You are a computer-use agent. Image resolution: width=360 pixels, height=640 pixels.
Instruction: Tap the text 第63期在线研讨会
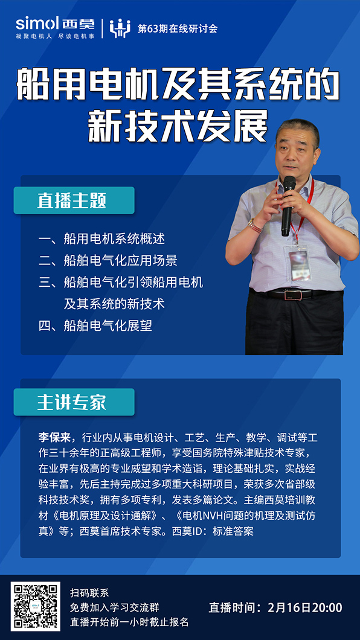tap(177, 29)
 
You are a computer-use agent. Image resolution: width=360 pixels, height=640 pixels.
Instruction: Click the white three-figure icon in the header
tap(120, 28)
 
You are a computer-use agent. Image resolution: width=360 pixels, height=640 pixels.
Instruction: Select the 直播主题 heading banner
tap(74, 200)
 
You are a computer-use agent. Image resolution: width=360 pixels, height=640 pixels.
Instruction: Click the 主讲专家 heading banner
tap(74, 402)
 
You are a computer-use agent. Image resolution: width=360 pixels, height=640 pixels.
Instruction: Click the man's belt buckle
tap(292, 294)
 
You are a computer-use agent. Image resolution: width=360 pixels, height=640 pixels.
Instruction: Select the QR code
tap(35, 607)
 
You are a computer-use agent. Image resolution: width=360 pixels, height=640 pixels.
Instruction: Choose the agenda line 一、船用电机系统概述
tap(102, 238)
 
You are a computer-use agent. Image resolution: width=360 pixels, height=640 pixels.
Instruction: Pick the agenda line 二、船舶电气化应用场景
tap(108, 260)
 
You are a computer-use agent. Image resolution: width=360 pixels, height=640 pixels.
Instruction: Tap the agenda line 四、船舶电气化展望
tap(95, 325)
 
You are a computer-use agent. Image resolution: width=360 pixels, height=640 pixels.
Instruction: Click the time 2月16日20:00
tap(305, 607)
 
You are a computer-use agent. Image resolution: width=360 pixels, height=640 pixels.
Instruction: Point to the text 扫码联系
tap(89, 593)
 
